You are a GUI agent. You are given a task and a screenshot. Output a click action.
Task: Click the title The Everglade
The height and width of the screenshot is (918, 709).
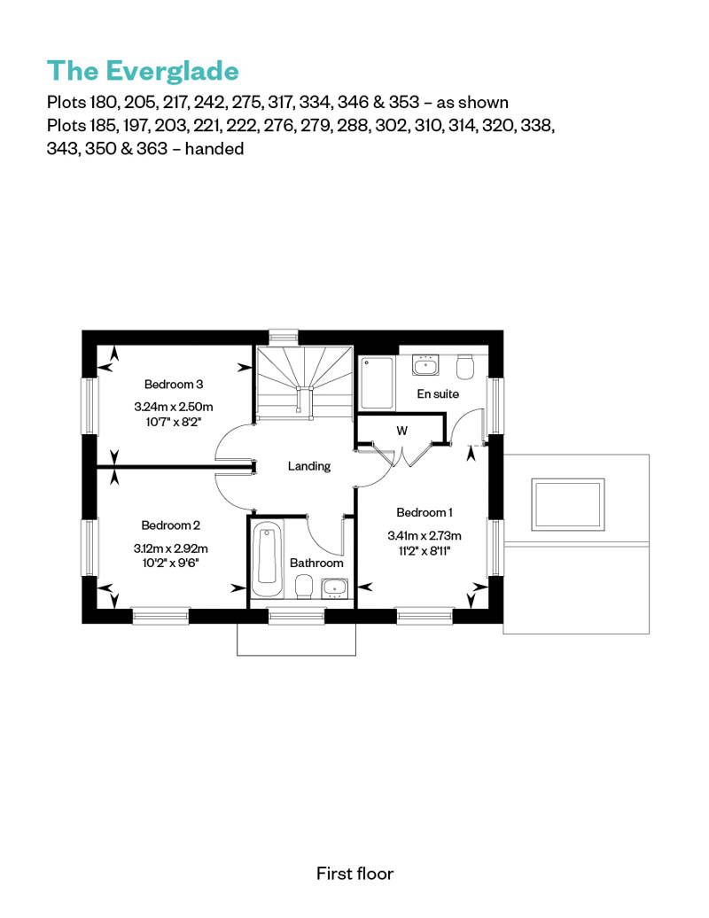143,71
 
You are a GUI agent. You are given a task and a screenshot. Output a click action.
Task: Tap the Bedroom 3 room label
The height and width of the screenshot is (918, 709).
174,384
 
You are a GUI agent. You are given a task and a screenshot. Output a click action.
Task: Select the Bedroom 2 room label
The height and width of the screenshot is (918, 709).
170,525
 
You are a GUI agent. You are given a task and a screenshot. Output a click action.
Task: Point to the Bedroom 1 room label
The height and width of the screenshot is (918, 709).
424,512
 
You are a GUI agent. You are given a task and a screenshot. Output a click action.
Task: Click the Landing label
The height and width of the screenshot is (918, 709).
309,466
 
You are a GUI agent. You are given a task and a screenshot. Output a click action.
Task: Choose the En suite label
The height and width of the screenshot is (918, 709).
437,394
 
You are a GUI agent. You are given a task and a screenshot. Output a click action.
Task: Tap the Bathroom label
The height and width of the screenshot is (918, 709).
316,563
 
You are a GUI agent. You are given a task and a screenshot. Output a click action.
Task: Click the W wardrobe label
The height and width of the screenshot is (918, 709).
401,431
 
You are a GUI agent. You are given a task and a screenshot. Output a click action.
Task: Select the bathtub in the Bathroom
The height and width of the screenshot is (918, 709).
267,559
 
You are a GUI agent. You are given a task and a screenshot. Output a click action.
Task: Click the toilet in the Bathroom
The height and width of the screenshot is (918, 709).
303,586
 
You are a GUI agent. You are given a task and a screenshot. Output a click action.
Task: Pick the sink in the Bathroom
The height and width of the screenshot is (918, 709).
335,587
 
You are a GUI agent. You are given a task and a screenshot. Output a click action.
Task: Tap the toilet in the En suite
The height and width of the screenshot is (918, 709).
465,367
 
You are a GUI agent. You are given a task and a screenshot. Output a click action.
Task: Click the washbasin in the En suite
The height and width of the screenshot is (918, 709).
425,365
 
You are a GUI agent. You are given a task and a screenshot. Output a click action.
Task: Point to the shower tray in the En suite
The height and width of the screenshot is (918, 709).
376,383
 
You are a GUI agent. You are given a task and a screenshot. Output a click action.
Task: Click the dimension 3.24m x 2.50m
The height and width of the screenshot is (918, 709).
174,407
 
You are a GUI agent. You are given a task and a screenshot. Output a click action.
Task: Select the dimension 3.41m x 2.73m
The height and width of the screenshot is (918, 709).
424,535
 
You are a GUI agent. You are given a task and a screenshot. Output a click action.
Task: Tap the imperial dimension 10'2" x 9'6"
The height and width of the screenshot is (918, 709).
170,564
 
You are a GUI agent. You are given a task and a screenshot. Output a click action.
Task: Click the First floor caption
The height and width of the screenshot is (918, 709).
354,874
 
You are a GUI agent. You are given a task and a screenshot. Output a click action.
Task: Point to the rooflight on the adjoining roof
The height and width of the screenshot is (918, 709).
567,505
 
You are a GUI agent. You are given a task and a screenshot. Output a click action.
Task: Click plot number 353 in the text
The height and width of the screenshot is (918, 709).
404,102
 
